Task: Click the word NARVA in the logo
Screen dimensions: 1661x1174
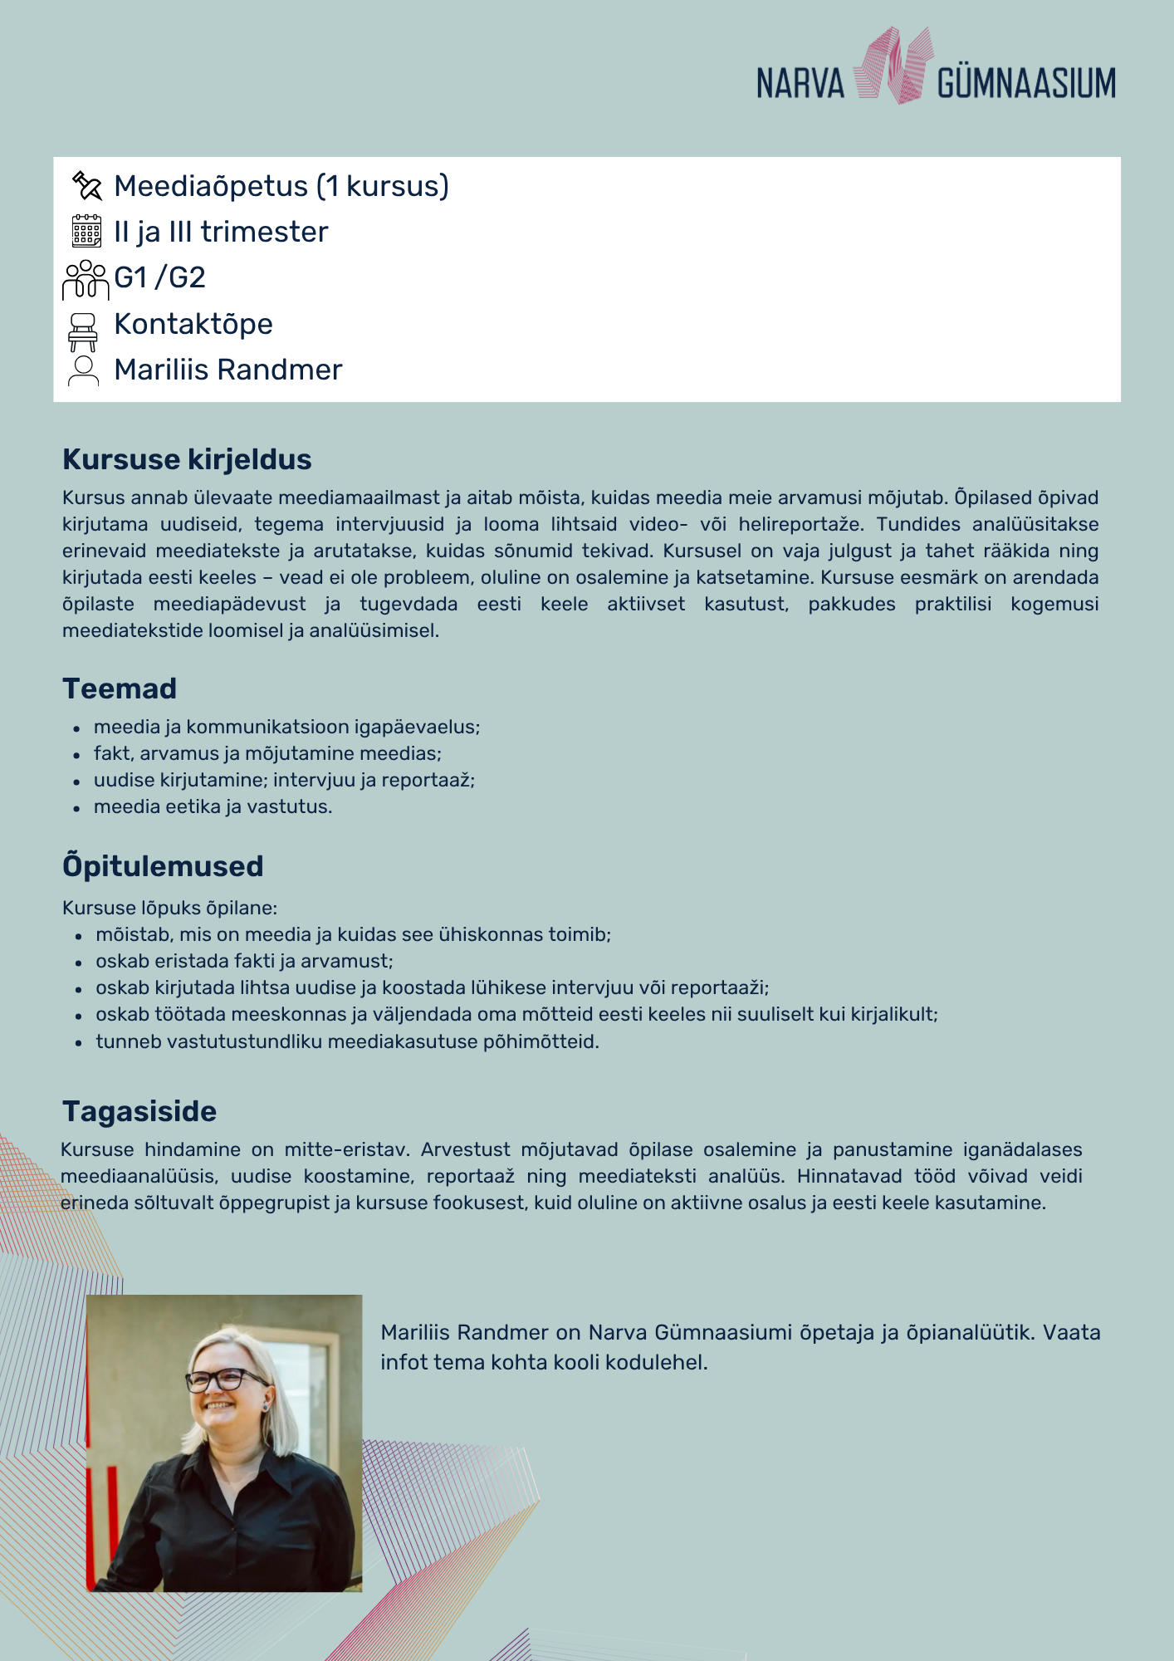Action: point(800,84)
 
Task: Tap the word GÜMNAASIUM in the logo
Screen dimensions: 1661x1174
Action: point(1026,84)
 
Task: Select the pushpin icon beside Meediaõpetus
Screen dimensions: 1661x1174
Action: point(86,185)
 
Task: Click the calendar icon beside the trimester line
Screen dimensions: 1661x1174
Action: point(86,232)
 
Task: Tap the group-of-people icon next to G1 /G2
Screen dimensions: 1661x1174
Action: point(85,279)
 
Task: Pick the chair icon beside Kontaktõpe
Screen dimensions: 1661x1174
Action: point(83,331)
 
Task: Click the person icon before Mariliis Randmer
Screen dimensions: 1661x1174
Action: point(83,370)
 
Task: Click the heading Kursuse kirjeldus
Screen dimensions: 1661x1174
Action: point(187,459)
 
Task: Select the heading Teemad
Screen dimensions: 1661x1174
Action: point(120,688)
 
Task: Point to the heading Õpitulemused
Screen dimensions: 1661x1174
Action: point(163,866)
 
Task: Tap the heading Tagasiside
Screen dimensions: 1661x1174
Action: point(139,1111)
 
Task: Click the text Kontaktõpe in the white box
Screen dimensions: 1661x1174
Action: point(193,324)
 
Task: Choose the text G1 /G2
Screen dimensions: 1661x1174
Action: point(159,277)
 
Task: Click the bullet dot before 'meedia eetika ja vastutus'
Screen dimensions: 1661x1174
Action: point(76,808)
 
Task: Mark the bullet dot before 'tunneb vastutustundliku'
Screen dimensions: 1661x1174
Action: point(78,1043)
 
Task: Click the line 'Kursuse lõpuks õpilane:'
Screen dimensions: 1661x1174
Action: point(169,908)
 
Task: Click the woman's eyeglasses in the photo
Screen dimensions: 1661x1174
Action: point(224,1380)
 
